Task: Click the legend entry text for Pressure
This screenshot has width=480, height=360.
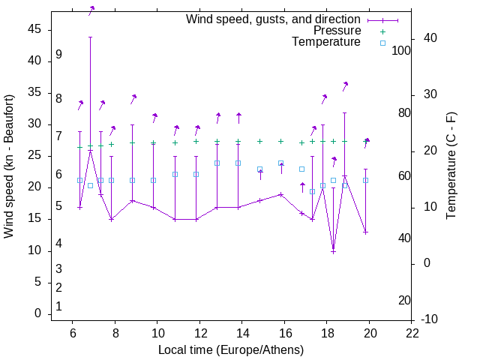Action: tap(337, 31)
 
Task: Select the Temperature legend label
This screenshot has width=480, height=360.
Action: tap(326, 42)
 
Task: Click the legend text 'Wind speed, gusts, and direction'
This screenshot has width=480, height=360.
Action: tap(274, 19)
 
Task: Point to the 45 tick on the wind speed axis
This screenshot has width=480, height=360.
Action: tap(34, 28)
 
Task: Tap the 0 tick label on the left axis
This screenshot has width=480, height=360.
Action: tap(37, 313)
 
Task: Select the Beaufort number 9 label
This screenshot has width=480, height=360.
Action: tap(58, 55)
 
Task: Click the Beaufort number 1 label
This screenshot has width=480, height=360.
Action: tap(58, 306)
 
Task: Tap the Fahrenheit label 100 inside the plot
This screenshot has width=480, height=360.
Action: tap(401, 50)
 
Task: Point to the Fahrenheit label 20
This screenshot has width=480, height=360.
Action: tap(404, 300)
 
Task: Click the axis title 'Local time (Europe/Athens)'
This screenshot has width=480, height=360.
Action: tap(231, 349)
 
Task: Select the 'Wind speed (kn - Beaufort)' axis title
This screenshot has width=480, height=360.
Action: tap(9, 166)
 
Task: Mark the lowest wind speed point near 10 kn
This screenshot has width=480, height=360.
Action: tap(333, 251)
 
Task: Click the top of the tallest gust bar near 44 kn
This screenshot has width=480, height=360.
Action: tap(90, 37)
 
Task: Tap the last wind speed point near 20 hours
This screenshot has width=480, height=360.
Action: tap(365, 232)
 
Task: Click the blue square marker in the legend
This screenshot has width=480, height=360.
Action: tap(382, 43)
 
